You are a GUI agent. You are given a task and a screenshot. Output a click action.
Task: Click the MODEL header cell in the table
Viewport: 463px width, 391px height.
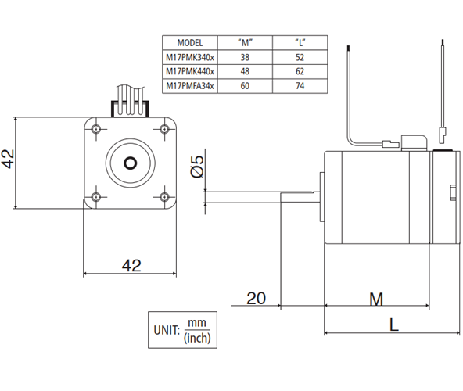[190, 43]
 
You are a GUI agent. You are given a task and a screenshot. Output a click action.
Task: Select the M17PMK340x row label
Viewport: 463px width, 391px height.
[190, 57]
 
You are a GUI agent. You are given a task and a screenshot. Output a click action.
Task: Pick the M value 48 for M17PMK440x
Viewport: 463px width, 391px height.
[245, 71]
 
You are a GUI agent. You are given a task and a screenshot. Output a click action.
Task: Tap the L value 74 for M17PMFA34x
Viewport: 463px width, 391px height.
[300, 86]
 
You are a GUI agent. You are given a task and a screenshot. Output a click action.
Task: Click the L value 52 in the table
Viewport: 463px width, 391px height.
[300, 57]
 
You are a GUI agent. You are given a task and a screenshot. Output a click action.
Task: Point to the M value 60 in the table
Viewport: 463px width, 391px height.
[245, 86]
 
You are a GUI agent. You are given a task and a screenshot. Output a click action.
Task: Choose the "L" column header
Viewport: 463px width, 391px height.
[300, 43]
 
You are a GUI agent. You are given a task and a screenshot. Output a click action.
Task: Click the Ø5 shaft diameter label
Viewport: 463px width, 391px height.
[197, 167]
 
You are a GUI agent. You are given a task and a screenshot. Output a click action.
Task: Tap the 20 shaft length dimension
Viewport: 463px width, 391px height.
[256, 298]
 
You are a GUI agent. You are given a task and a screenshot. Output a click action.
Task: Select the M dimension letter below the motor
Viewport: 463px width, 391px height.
[376, 300]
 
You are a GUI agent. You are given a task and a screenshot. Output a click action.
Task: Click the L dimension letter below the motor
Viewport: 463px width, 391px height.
[394, 325]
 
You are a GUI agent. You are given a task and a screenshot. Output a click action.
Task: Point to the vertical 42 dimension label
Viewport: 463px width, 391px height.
[8, 159]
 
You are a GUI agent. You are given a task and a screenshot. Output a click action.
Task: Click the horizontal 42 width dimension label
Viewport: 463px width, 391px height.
[131, 266]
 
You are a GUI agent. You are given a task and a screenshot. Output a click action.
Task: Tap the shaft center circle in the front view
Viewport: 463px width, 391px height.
[130, 163]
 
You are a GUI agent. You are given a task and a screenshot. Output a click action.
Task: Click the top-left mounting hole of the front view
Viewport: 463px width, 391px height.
[95, 129]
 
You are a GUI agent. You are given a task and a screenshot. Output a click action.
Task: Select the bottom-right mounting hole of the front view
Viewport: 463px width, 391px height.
[164, 197]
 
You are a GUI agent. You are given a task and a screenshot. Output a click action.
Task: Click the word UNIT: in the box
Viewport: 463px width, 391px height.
[167, 330]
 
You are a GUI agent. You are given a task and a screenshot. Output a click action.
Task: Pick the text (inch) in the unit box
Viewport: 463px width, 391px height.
[197, 338]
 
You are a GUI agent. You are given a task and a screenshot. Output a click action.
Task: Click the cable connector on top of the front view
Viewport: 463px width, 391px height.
[130, 109]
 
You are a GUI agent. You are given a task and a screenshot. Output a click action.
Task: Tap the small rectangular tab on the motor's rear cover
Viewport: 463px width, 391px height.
[453, 192]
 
